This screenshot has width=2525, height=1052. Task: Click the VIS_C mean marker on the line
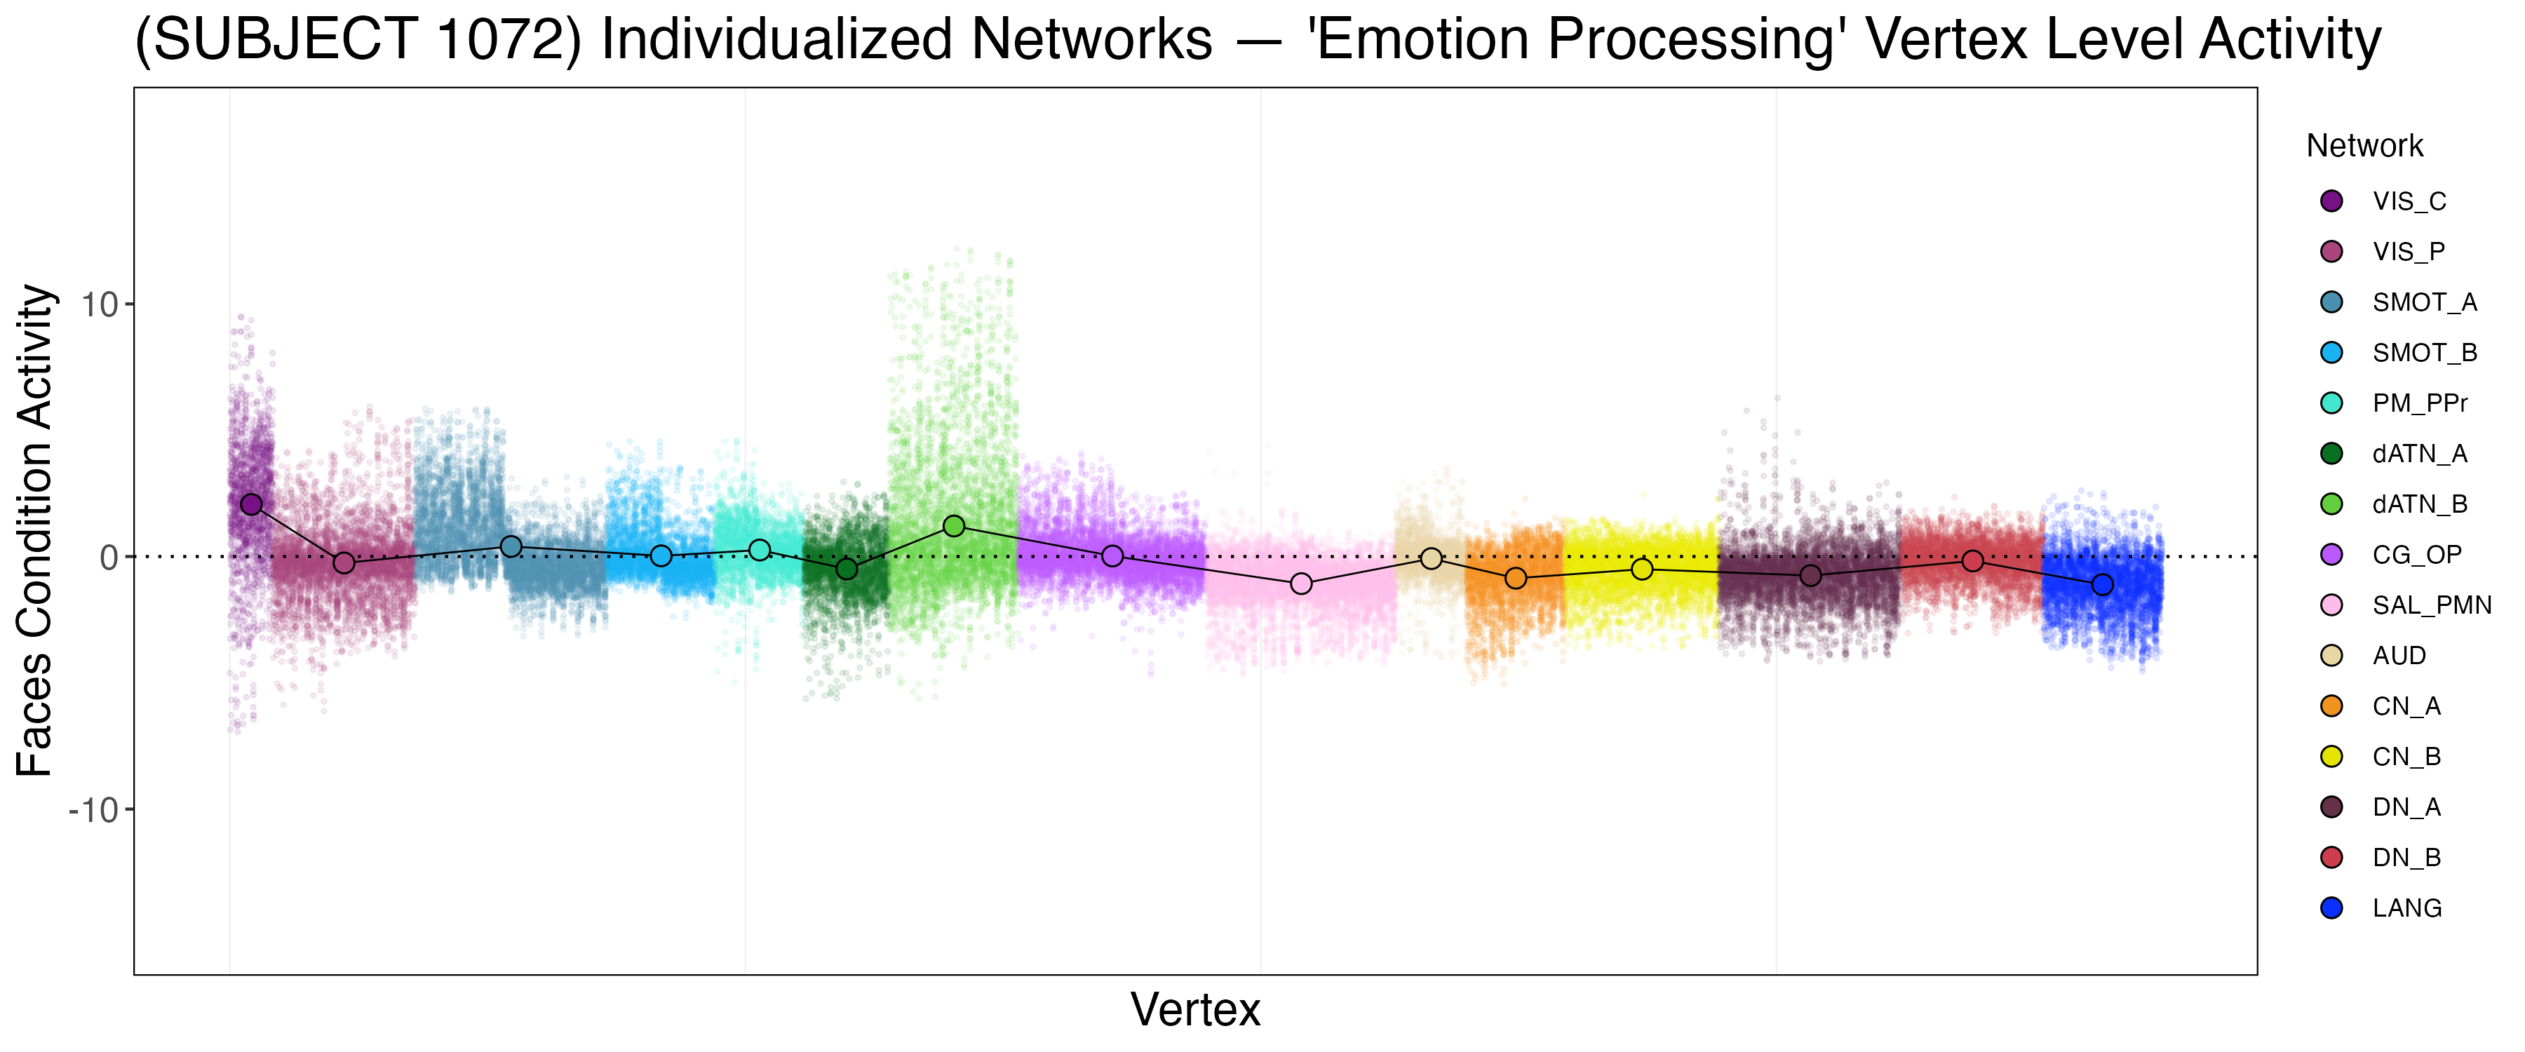tap(251, 504)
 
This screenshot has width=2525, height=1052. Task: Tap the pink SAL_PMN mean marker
tap(1301, 584)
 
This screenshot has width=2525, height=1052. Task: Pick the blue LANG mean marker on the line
tap(2103, 584)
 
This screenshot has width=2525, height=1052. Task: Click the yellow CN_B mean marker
tap(1642, 569)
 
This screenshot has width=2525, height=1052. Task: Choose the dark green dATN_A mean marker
tap(847, 569)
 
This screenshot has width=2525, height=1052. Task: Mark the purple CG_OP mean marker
tap(1112, 556)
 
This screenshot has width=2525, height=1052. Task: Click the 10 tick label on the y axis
tap(98, 305)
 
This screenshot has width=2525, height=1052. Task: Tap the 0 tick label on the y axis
tap(108, 558)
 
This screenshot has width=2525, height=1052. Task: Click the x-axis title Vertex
tap(1195, 1010)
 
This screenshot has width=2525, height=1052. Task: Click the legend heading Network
tap(2364, 146)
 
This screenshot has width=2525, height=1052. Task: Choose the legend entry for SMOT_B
tap(2424, 353)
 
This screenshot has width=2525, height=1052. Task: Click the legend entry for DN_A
tap(2406, 807)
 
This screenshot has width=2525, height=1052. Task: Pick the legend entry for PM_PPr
tap(2419, 403)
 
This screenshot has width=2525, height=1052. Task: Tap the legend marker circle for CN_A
tap(2332, 706)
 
